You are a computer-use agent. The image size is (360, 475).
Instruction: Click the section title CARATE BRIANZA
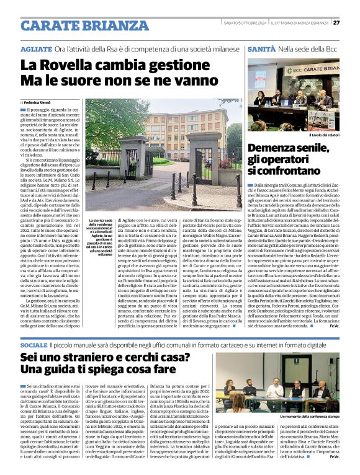coord(76,25)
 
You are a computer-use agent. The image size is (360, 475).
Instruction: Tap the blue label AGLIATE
coord(35,48)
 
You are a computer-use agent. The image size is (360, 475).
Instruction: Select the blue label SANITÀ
coord(261,48)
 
